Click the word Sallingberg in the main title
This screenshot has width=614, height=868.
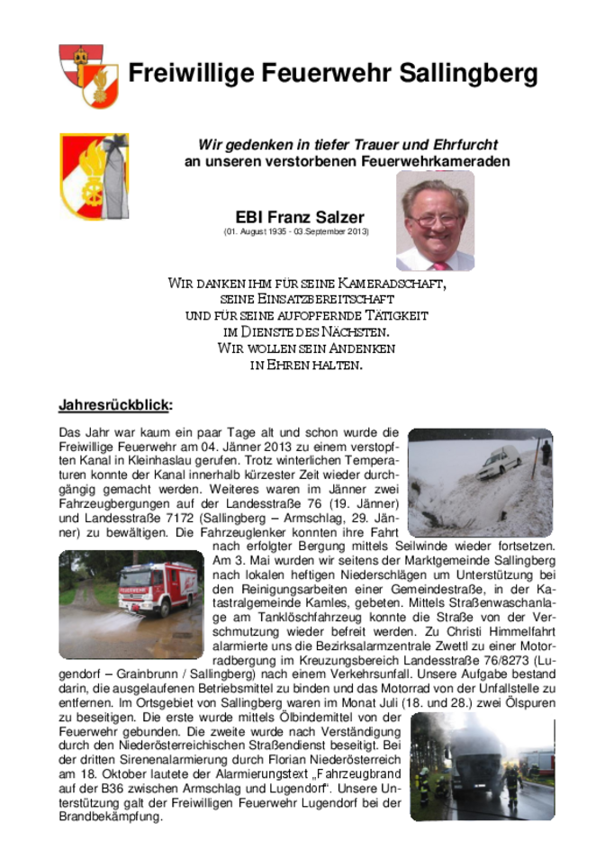(x=469, y=73)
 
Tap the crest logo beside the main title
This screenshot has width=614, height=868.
(x=87, y=76)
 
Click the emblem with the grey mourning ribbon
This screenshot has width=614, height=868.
(x=94, y=176)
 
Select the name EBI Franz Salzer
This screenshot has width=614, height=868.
(x=300, y=217)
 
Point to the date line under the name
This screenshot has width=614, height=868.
(x=296, y=232)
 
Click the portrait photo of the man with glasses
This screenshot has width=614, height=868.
(x=435, y=221)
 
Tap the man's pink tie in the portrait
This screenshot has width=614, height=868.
(x=440, y=265)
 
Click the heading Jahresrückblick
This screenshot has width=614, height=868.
(x=114, y=403)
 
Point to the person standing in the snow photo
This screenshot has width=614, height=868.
(x=545, y=452)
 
